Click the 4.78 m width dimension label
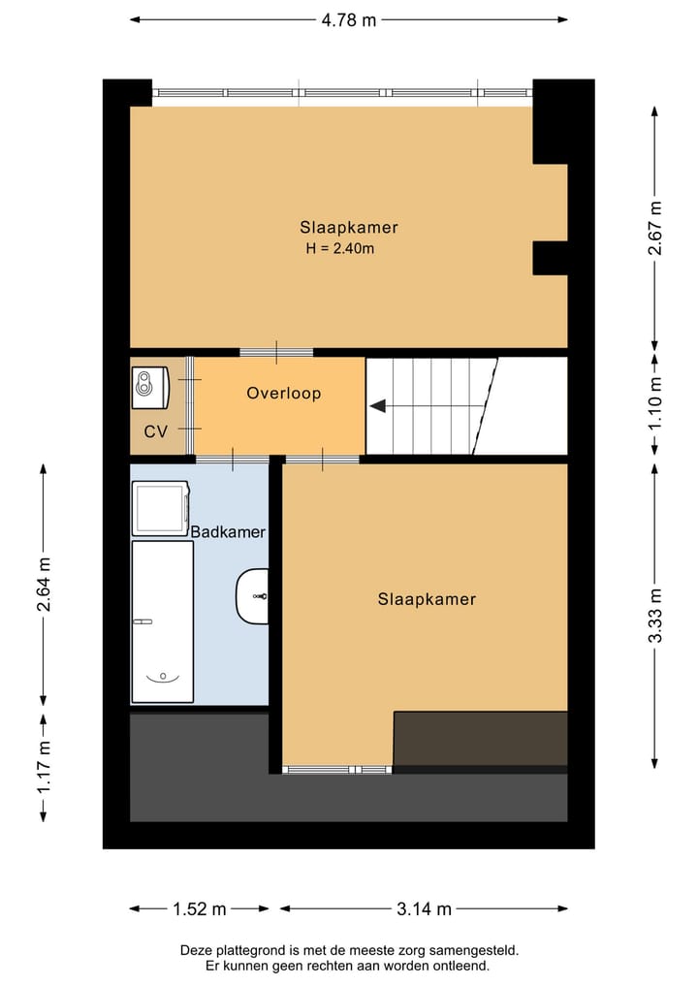(x=349, y=19)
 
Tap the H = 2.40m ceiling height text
(x=339, y=249)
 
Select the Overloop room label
(x=283, y=394)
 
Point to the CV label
(x=155, y=431)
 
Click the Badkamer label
(x=228, y=532)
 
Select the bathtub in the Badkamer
(x=162, y=621)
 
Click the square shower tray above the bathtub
(x=160, y=507)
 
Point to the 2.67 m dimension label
(x=656, y=228)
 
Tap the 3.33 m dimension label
(x=656, y=615)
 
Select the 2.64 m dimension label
(x=44, y=585)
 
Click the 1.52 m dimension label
(x=199, y=909)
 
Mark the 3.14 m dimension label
(x=425, y=909)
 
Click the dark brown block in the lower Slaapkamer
(x=480, y=739)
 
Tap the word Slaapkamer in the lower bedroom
(x=427, y=599)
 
